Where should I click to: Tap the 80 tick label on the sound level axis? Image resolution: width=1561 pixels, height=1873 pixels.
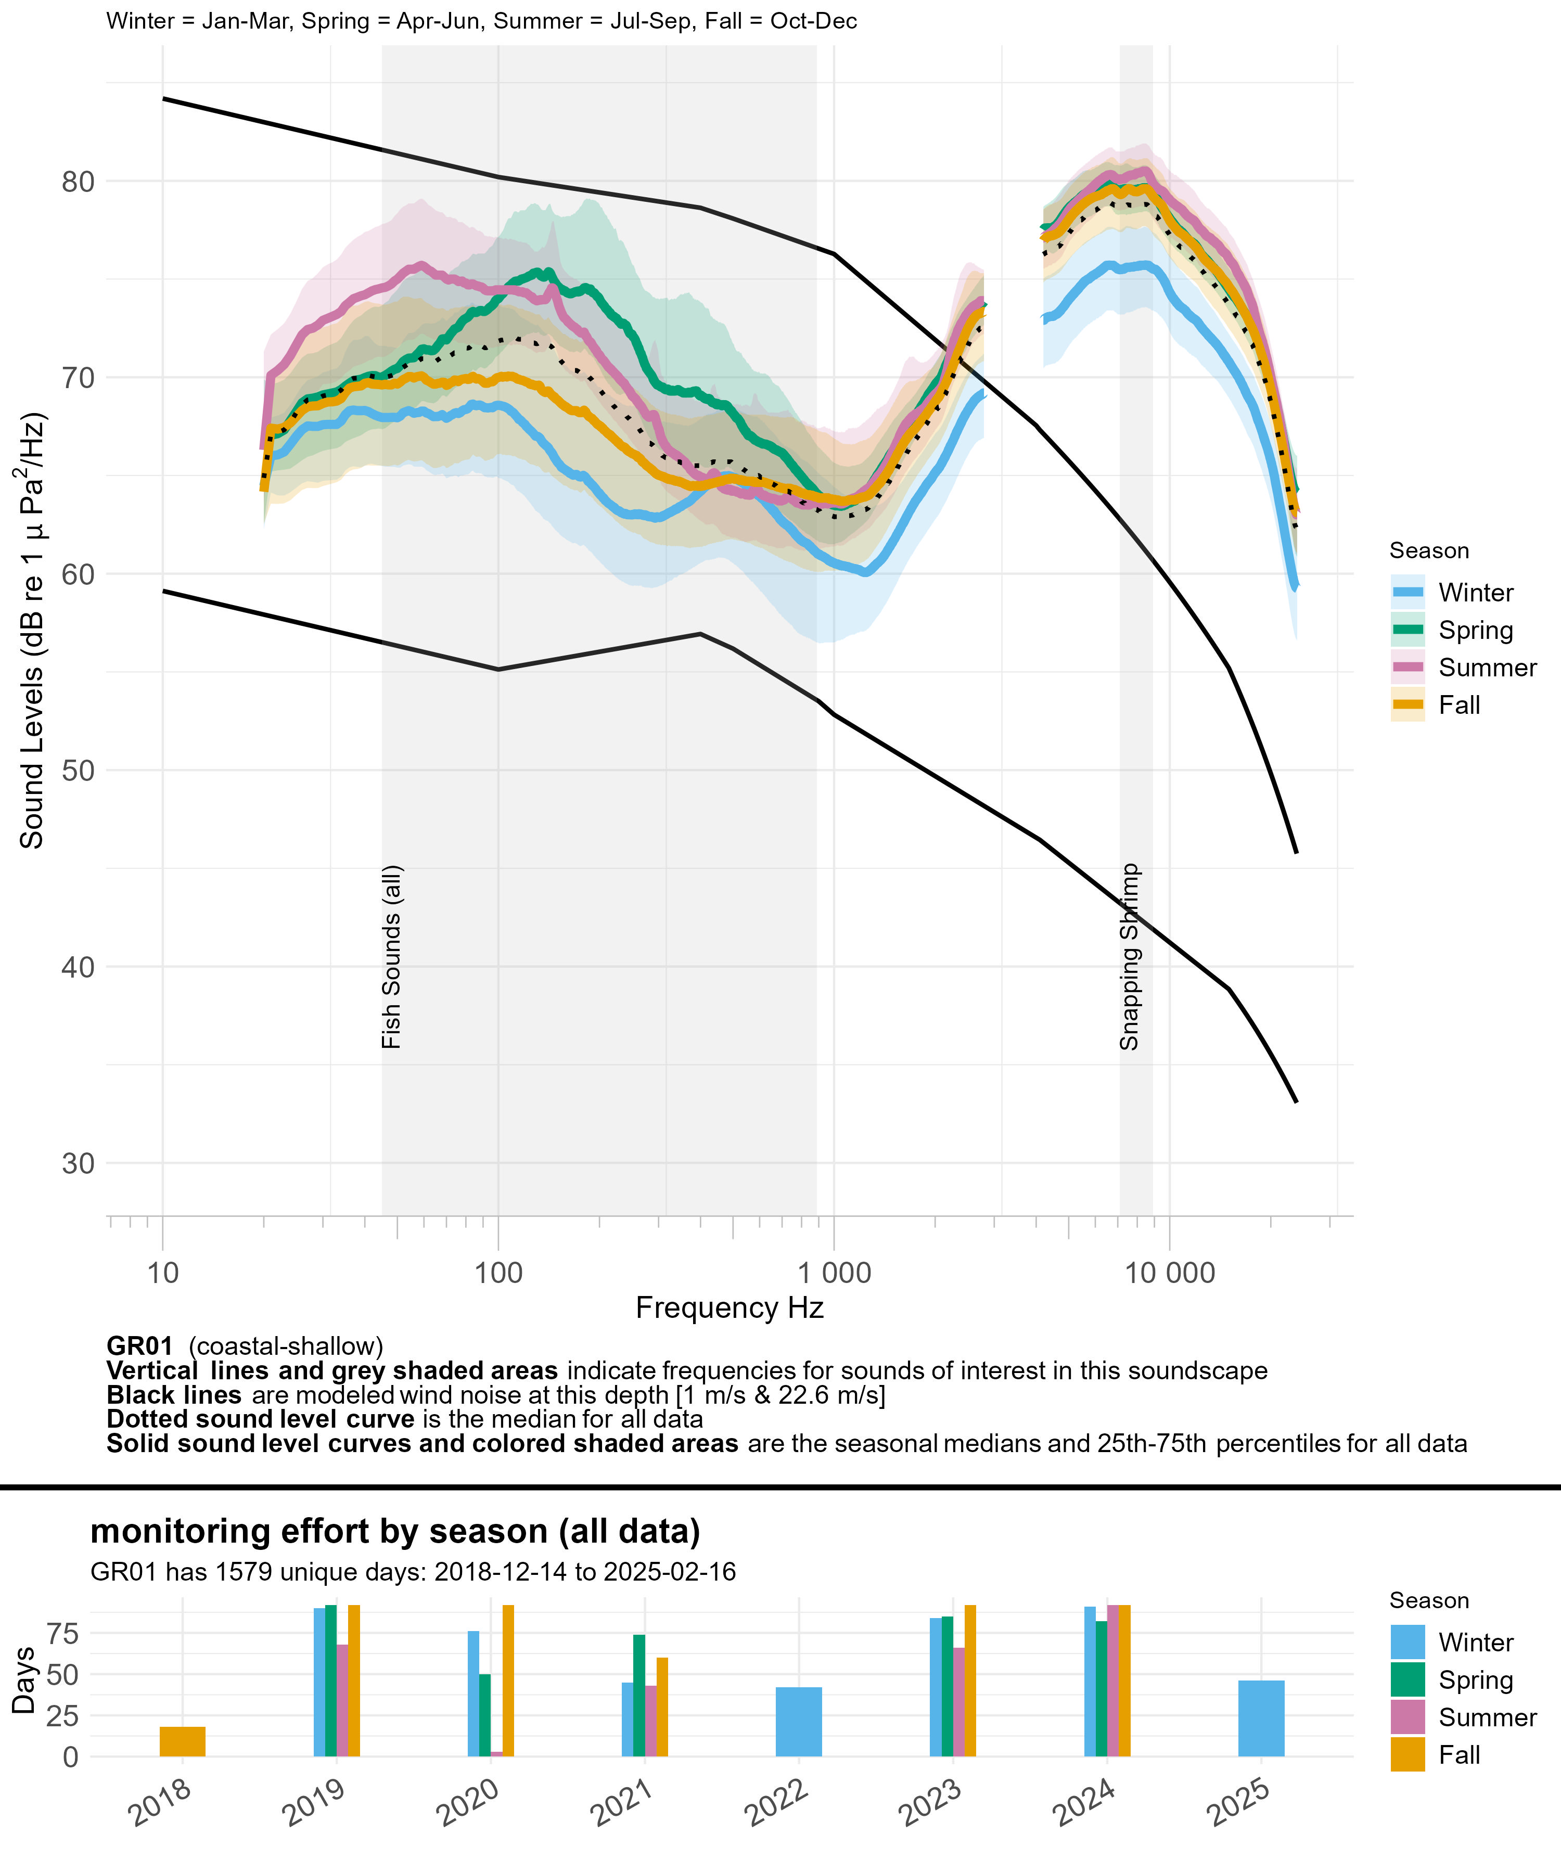[x=78, y=182]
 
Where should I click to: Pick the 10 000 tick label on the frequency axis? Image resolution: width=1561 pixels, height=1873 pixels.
[x=1169, y=1273]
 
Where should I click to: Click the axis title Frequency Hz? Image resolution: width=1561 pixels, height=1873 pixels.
[x=729, y=1307]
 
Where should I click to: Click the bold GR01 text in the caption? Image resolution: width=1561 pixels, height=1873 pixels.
[x=139, y=1346]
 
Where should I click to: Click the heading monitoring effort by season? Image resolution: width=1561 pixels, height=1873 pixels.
[x=395, y=1531]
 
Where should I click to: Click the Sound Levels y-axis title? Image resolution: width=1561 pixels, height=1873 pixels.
[x=32, y=631]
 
